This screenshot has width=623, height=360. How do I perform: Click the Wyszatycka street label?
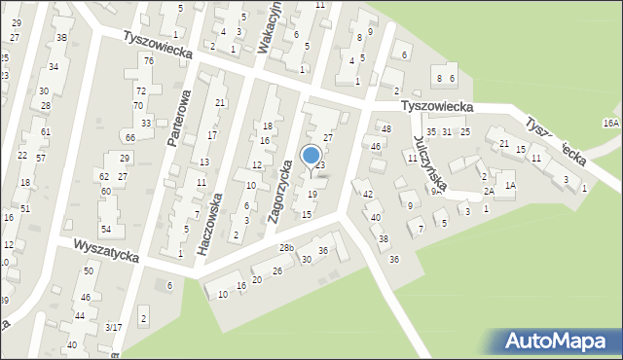point(105,252)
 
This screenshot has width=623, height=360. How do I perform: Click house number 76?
point(148,61)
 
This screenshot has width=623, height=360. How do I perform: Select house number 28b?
point(285,248)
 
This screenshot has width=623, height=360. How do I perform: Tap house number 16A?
point(610,124)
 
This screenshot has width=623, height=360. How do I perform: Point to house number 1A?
point(509,184)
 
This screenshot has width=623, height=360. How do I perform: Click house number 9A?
point(437,192)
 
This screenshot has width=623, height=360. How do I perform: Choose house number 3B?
point(61,37)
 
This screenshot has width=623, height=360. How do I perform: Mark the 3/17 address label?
point(114,328)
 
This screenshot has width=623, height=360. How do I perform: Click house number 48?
point(385,129)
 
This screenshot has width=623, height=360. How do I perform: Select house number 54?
point(106,229)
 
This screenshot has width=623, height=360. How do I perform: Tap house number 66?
point(129,138)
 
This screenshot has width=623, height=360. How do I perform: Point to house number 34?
point(54,66)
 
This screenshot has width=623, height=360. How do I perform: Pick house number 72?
point(140,90)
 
